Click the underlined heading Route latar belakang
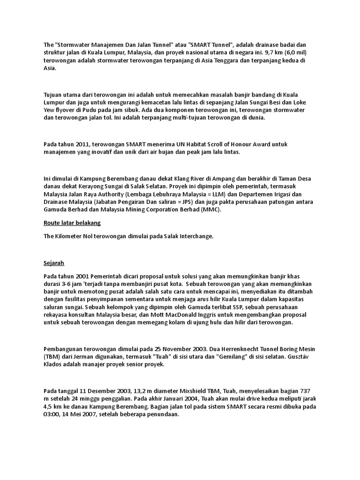pyautogui.click(x=72, y=223)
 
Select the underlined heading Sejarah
pyautogui.click(x=53, y=263)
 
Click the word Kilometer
pyautogui.click(x=70, y=236)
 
